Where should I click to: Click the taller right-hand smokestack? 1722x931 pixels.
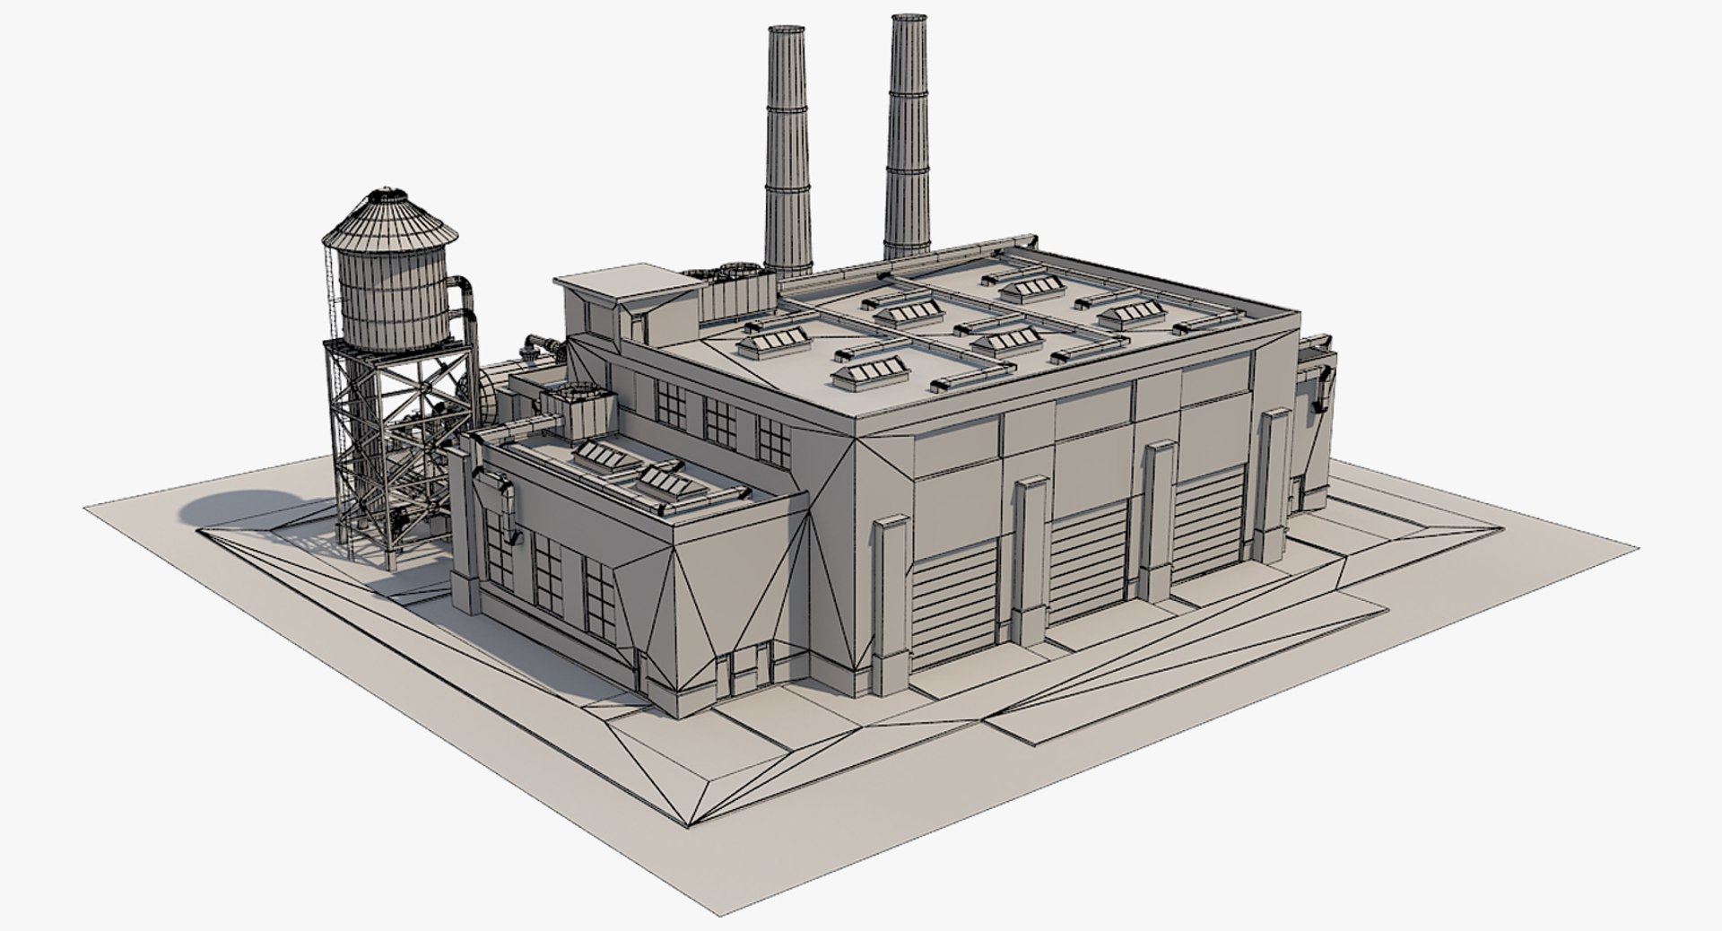(x=907, y=135)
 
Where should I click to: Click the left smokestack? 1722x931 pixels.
(x=787, y=152)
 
